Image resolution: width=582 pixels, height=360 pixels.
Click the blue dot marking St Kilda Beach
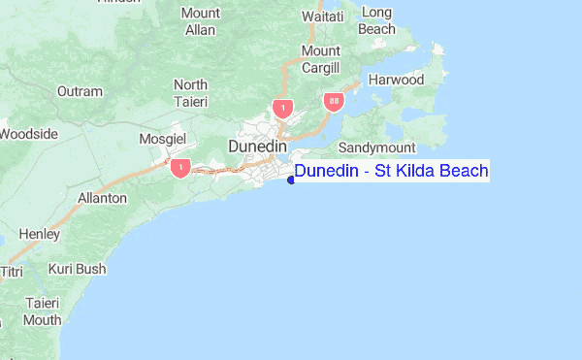291,178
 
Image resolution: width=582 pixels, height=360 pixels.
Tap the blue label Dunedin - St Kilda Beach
392,172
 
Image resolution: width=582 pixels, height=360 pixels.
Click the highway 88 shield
334,101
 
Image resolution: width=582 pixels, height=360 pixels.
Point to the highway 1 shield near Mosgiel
179,168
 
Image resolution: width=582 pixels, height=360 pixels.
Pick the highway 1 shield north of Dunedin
281,107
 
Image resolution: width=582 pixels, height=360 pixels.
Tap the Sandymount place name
376,147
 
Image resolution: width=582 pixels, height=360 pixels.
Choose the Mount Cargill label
321,58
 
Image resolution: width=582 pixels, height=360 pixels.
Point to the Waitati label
323,17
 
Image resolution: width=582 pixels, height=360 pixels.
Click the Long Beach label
376,20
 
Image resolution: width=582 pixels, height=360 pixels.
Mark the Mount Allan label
200,20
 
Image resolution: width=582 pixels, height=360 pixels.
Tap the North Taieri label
190,93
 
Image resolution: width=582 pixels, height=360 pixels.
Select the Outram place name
80,91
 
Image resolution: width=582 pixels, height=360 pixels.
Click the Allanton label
102,198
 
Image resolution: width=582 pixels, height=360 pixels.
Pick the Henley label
39,234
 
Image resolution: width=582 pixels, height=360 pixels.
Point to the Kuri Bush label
77,269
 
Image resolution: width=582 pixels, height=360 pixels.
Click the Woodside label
27,134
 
